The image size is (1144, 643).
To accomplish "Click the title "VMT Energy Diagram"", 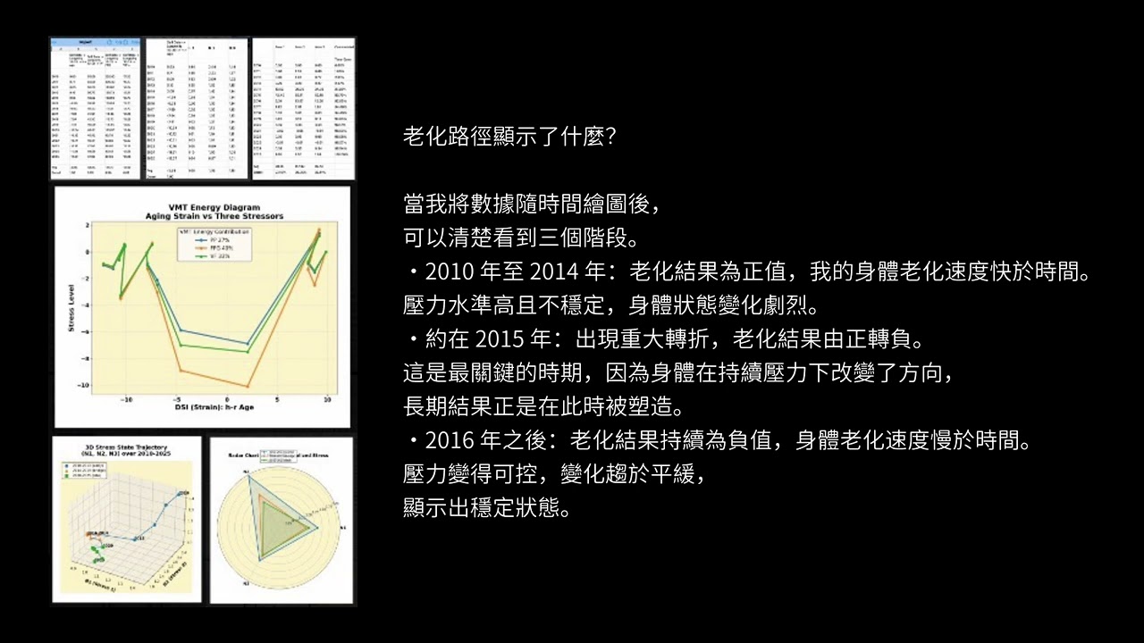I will pyautogui.click(x=202, y=207).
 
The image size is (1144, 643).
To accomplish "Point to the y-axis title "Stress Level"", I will pyautogui.click(x=71, y=305).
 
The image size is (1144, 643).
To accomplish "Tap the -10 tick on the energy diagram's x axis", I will pyautogui.click(x=127, y=399).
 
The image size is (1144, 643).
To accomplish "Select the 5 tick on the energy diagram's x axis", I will pyautogui.click(x=278, y=399).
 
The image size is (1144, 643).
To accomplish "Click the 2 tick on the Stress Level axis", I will pyautogui.click(x=88, y=225).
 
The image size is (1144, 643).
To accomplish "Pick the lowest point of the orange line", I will pyautogui.click(x=247, y=386).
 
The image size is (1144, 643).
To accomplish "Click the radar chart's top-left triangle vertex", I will pyautogui.click(x=251, y=479).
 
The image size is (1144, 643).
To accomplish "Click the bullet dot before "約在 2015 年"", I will pyautogui.click(x=414, y=340).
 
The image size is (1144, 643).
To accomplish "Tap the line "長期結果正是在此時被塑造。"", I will pyautogui.click(x=543, y=407).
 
